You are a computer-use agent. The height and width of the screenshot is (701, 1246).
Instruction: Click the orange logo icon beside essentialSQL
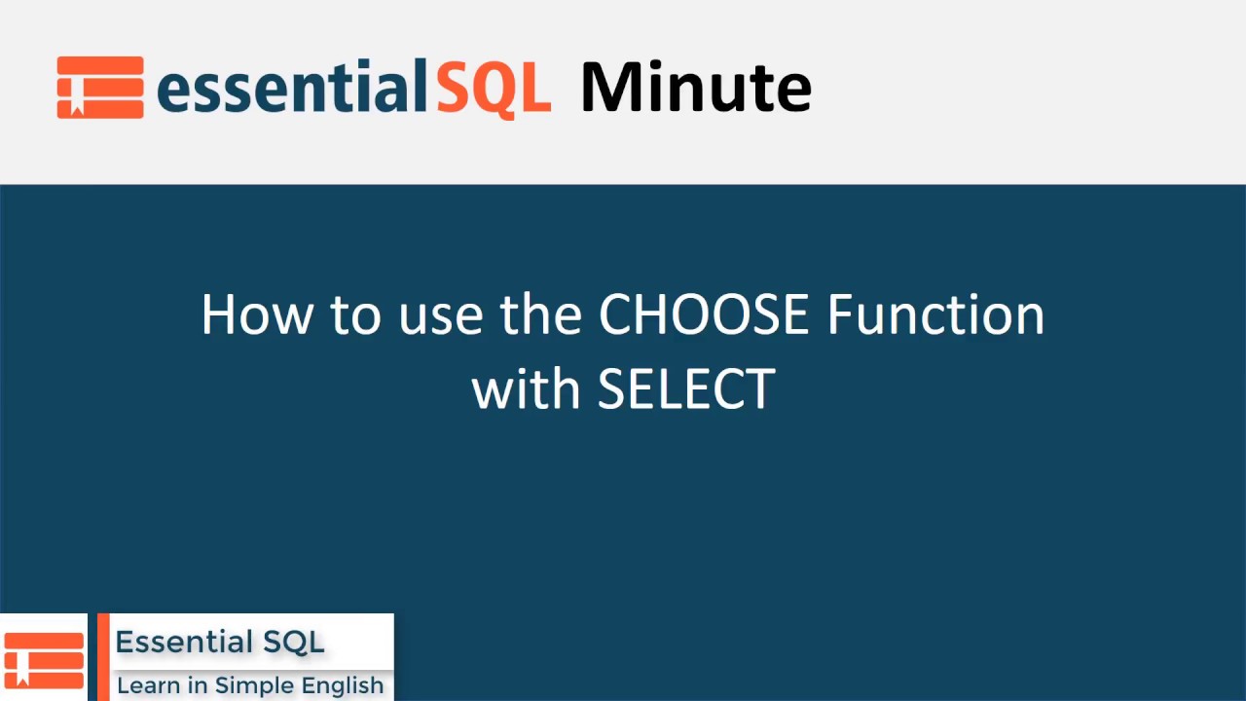pos(100,88)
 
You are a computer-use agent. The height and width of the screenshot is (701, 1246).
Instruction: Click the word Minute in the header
pos(695,87)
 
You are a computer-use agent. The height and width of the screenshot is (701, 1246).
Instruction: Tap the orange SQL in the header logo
pos(494,89)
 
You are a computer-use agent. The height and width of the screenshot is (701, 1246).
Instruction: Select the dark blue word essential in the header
pos(293,87)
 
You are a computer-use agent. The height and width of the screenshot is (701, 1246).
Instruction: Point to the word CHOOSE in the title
pos(703,314)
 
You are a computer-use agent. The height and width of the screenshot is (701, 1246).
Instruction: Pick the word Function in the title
pos(936,314)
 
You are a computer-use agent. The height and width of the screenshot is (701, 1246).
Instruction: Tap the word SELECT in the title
pos(686,388)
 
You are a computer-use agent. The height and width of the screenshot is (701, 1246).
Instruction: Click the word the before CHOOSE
pos(540,314)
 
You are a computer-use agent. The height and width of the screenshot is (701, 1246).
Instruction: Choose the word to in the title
pos(356,317)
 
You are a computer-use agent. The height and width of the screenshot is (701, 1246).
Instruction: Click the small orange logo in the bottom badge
pos(44,659)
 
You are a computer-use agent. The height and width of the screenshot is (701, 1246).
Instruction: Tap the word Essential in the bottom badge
pos(184,642)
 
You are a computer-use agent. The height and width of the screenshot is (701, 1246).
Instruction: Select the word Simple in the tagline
pos(252,686)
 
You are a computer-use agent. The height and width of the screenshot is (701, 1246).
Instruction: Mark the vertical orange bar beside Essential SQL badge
pos(103,657)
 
